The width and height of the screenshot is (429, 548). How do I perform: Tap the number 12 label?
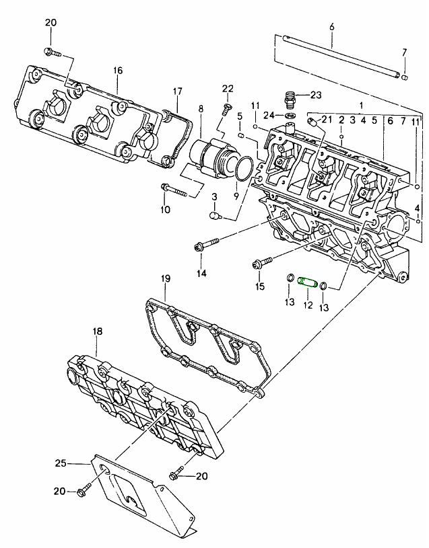tap(307, 305)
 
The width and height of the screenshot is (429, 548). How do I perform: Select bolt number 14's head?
tap(198, 247)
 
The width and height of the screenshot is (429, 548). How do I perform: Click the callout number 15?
tap(260, 287)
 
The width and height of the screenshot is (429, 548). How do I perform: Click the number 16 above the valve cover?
tap(118, 71)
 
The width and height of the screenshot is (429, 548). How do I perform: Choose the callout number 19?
tap(166, 278)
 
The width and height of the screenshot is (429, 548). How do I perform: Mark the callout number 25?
tap(61, 463)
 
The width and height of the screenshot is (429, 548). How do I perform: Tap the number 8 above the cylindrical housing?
tap(200, 108)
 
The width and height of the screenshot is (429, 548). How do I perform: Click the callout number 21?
tap(327, 119)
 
